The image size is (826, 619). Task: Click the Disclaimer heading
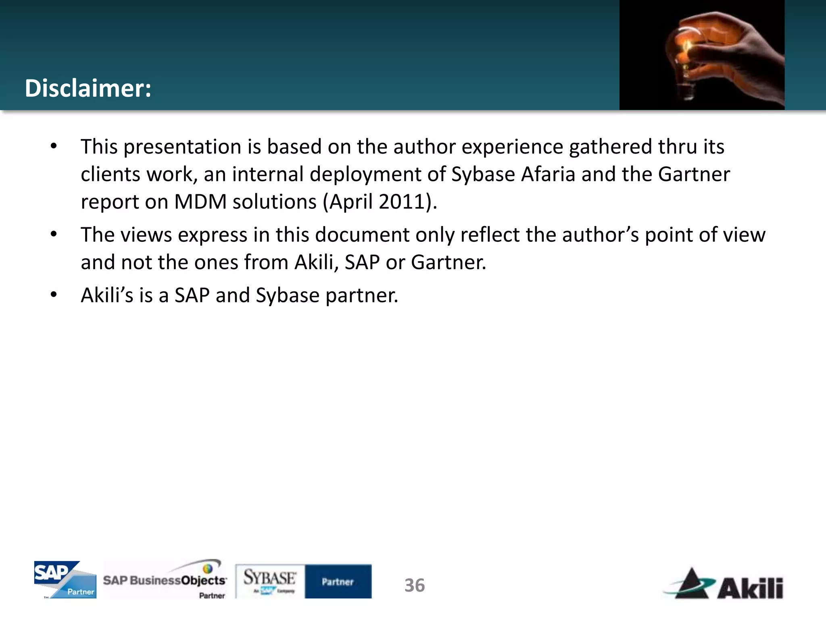[x=88, y=88]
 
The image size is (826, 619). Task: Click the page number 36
[x=415, y=586]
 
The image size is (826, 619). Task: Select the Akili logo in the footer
[x=724, y=584]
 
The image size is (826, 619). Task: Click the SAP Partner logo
[x=65, y=580]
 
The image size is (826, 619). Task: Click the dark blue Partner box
[x=338, y=581]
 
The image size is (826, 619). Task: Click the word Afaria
[x=548, y=174]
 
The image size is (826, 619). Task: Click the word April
[x=350, y=202]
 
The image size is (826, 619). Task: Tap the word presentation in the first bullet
[x=182, y=147]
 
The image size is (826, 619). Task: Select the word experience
[x=512, y=147]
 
